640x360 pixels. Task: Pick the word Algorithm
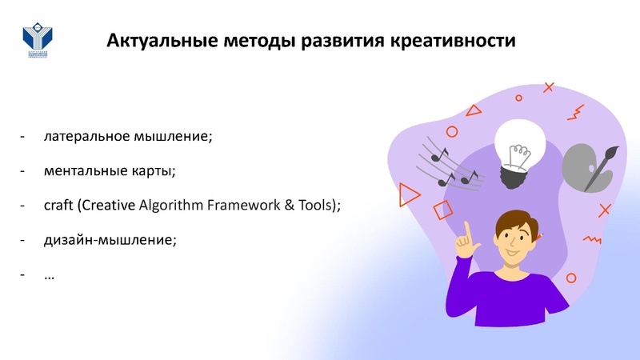tap(171, 205)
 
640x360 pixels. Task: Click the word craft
tap(59, 205)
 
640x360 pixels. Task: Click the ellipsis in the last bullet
tap(50, 274)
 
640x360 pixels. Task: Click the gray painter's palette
tap(582, 166)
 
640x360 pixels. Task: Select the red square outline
tap(442, 210)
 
